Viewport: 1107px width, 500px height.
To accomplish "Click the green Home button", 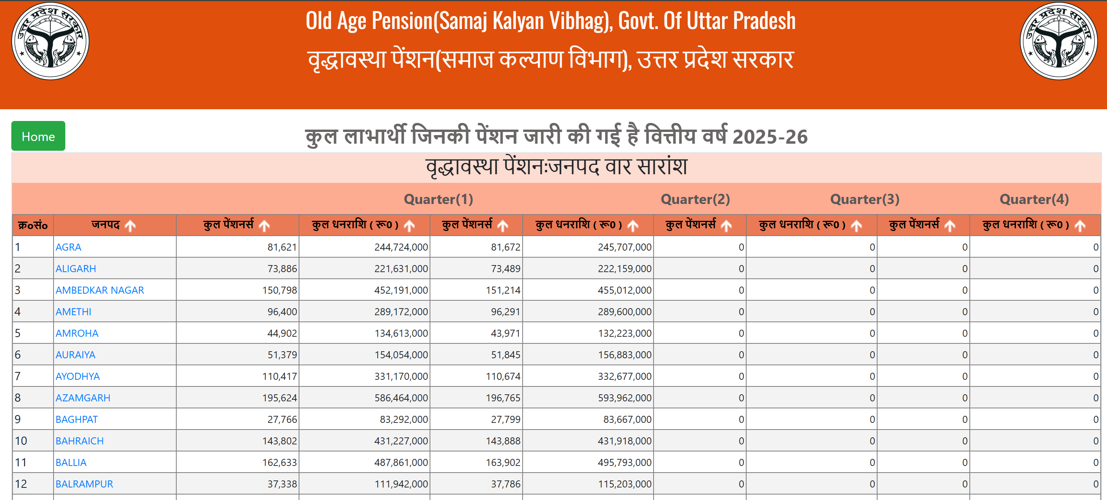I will pyautogui.click(x=38, y=136).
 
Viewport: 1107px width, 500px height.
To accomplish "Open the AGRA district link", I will pyautogui.click(x=68, y=247).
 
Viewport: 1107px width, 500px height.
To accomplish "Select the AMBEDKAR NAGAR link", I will pyautogui.click(x=100, y=290).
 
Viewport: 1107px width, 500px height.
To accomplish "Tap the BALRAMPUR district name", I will pyautogui.click(x=84, y=484).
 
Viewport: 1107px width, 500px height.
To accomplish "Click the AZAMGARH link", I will pyautogui.click(x=83, y=397).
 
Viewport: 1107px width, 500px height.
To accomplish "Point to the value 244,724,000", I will pyautogui.click(x=401, y=247).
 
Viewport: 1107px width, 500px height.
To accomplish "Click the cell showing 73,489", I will pyautogui.click(x=505, y=269).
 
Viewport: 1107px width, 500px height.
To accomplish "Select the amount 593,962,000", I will pyautogui.click(x=624, y=397).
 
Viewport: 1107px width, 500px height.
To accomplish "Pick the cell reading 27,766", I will pyautogui.click(x=282, y=419).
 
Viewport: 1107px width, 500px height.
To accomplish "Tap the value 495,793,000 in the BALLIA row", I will pyautogui.click(x=624, y=462).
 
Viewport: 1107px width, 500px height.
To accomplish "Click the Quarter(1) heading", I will pyautogui.click(x=438, y=199).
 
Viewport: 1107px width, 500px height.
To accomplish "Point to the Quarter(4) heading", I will pyautogui.click(x=1034, y=199).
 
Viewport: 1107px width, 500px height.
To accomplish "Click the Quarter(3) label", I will pyautogui.click(x=865, y=199).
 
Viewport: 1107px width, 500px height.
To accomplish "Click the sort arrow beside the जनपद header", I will pyautogui.click(x=130, y=226).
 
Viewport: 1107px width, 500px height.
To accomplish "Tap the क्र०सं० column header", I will pyautogui.click(x=33, y=226).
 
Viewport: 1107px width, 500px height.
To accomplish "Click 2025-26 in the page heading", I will pyautogui.click(x=770, y=137).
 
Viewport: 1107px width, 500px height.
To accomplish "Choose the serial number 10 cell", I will pyautogui.click(x=21, y=440).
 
